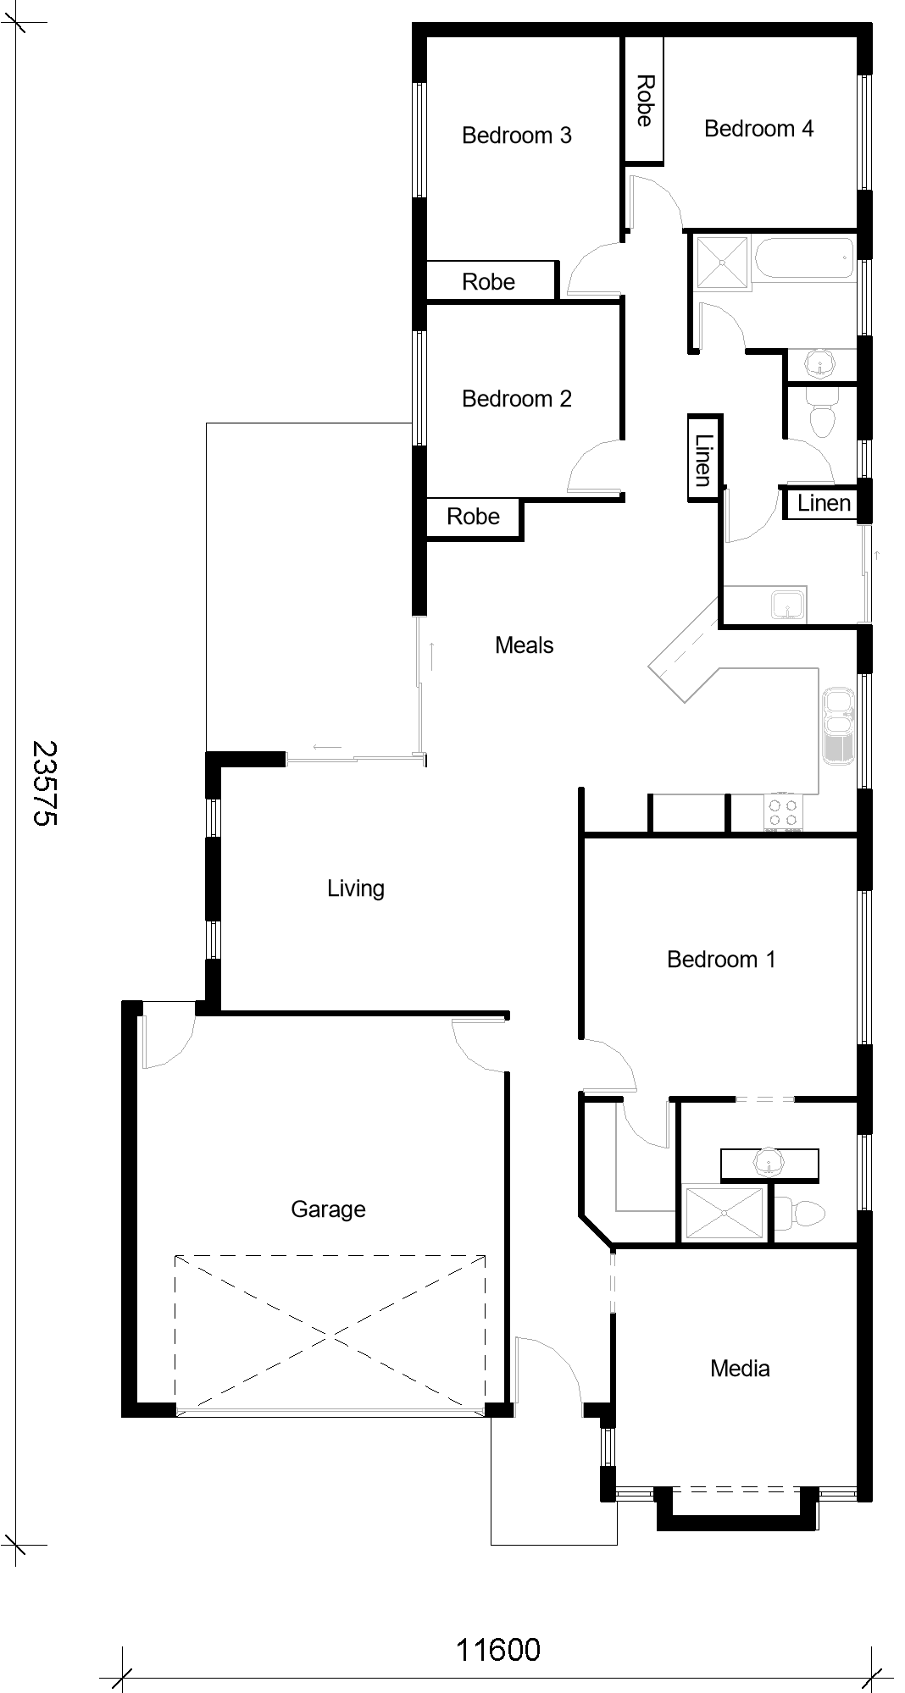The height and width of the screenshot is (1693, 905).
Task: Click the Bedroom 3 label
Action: (x=516, y=136)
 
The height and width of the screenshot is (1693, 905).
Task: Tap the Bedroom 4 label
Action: (x=758, y=129)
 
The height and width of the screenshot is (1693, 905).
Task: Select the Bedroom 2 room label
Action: (x=516, y=399)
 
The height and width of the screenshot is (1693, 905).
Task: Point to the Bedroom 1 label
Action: (x=721, y=960)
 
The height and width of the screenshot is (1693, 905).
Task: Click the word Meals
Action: (x=525, y=645)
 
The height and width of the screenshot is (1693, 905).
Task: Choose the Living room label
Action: (x=356, y=888)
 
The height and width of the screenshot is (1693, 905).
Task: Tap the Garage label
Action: (x=328, y=1209)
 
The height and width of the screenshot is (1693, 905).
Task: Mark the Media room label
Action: (x=740, y=1369)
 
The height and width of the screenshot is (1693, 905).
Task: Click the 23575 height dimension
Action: (x=44, y=783)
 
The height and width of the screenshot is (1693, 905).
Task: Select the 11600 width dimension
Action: (x=498, y=1650)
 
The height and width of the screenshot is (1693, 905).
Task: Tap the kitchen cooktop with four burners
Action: (x=783, y=812)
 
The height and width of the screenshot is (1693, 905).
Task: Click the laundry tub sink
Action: (x=788, y=605)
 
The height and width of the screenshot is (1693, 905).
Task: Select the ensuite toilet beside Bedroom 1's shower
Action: (x=799, y=1214)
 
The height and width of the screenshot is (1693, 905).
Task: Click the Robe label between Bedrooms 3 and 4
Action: (x=644, y=101)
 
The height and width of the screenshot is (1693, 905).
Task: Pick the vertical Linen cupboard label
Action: (x=703, y=461)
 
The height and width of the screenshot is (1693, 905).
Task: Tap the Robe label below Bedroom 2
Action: (x=473, y=517)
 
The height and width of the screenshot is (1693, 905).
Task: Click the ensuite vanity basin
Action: (x=769, y=1164)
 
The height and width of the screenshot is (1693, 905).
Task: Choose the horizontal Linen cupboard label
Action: (x=824, y=503)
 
